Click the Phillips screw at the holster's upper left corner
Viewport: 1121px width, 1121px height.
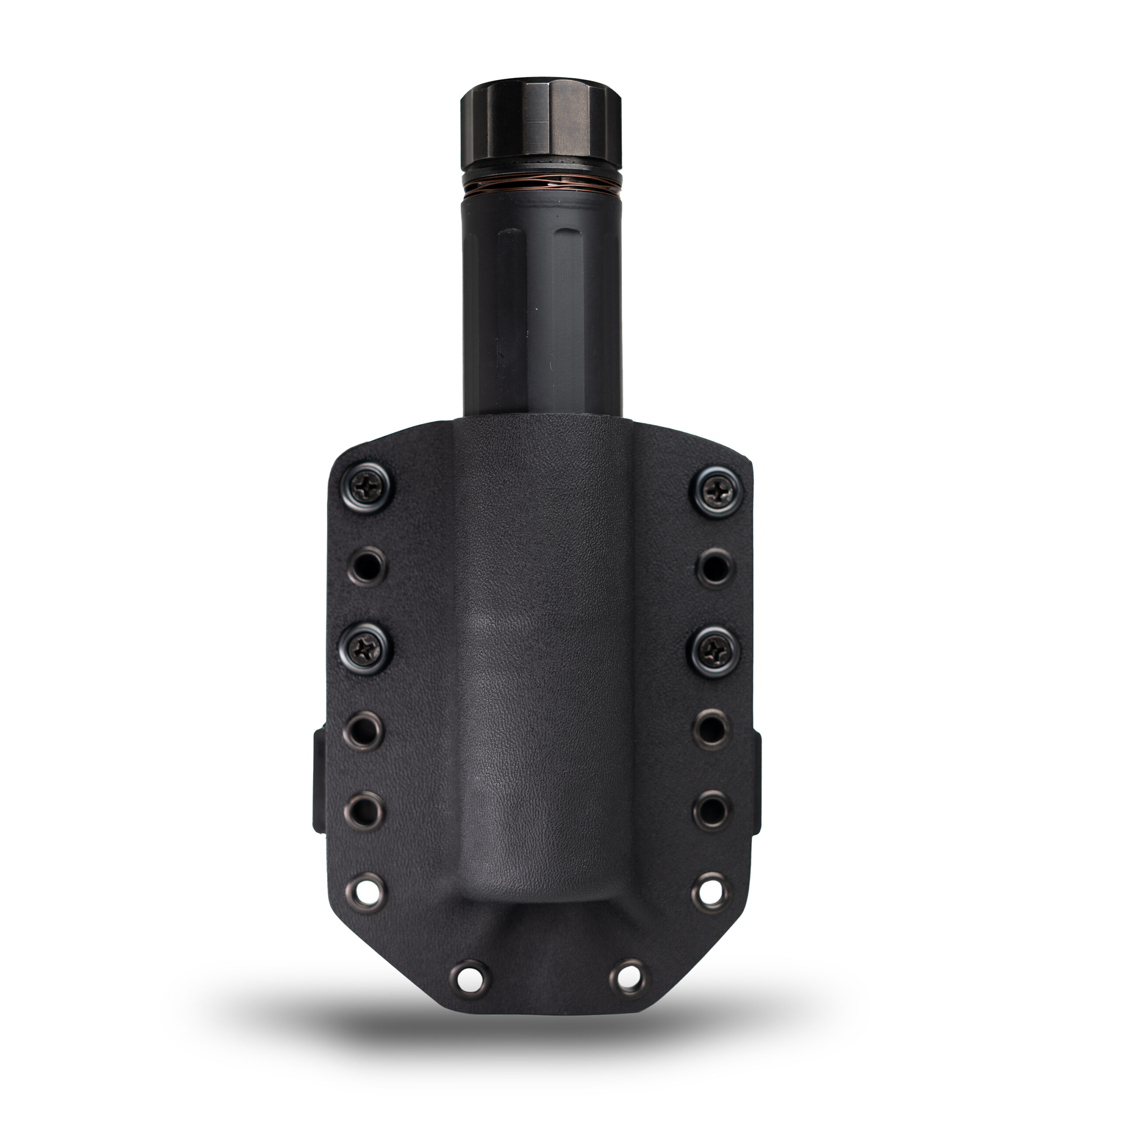pyautogui.click(x=366, y=488)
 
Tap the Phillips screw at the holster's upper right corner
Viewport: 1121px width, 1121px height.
pyautogui.click(x=718, y=491)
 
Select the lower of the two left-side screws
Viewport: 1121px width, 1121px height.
pyautogui.click(x=366, y=649)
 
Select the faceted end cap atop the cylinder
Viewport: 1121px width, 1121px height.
pyautogui.click(x=541, y=125)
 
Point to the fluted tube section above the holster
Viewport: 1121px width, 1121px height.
pyautogui.click(x=541, y=307)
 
